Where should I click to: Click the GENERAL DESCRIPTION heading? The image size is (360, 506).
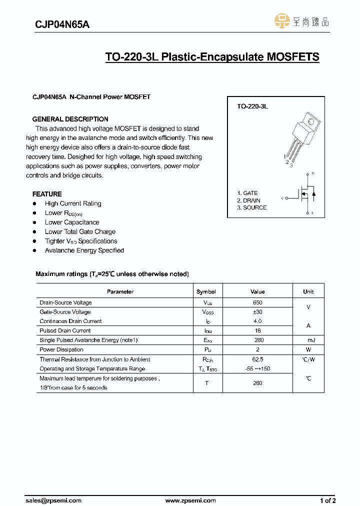(x=70, y=119)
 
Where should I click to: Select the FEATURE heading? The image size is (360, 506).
(x=47, y=194)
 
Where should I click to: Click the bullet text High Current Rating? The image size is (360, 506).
(x=73, y=203)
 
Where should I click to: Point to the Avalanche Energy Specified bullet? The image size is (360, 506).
(x=84, y=250)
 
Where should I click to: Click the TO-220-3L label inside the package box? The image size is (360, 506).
(x=252, y=106)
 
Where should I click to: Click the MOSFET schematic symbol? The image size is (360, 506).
(x=305, y=193)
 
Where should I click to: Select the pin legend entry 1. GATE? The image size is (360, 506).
(x=247, y=193)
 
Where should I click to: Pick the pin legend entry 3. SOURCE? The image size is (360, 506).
(x=251, y=207)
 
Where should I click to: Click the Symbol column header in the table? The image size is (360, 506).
(x=206, y=291)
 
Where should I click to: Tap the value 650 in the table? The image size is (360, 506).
(x=257, y=302)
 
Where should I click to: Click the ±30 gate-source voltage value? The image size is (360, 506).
(x=257, y=312)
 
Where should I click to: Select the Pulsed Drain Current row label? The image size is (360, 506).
(x=65, y=330)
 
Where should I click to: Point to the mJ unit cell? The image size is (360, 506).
(x=308, y=340)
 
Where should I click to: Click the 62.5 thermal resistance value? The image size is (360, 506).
(x=257, y=359)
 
